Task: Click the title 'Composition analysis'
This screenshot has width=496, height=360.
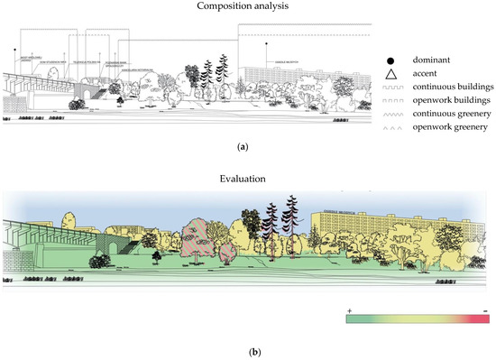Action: [247, 8]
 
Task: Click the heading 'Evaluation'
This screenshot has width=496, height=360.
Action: [247, 180]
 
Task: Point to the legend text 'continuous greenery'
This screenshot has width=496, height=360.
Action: [444, 115]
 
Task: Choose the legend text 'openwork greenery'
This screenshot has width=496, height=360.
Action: [441, 128]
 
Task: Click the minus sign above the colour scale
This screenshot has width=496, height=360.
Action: [485, 310]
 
